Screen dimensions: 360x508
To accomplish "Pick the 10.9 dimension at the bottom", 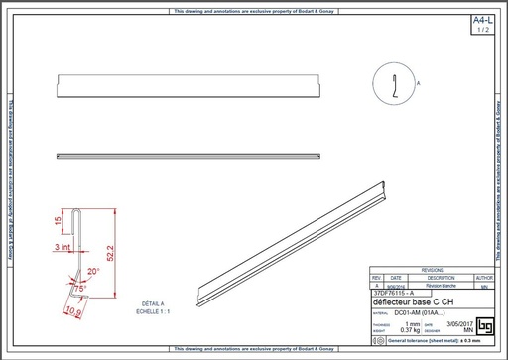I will coord(71,312).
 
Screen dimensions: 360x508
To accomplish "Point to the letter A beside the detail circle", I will coord(418,86).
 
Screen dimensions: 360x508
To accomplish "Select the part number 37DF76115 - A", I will coord(395,293).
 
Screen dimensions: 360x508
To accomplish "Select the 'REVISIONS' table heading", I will coord(432,269).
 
